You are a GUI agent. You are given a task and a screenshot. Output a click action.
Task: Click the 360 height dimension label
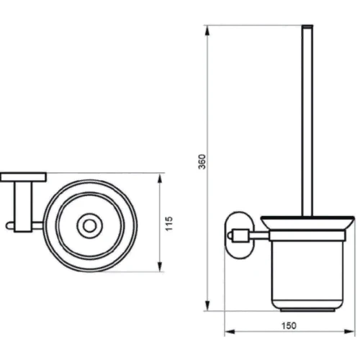pos(202,161)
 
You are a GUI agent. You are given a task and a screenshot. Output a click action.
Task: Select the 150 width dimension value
pos(289,325)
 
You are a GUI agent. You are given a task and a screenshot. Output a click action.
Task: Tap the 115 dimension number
pos(169,223)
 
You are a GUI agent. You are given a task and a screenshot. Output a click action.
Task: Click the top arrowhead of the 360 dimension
pos(207,31)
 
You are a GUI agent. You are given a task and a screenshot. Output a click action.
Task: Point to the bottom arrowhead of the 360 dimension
pos(207,305)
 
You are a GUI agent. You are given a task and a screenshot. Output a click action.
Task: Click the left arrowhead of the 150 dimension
pos(230,332)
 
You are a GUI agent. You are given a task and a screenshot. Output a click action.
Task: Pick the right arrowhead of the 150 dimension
pos(349,332)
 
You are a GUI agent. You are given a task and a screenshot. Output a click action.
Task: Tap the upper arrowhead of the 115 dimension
pos(160,179)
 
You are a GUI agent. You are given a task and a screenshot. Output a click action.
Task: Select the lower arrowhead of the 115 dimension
pos(160,266)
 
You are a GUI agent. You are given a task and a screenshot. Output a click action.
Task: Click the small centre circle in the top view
pos(89,226)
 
